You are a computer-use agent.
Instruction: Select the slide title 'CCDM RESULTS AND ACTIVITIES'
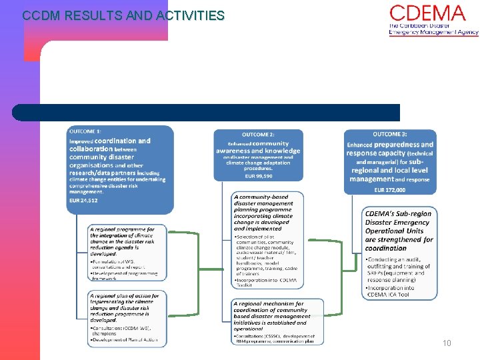click(x=123, y=15)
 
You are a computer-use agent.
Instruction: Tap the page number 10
click(x=447, y=343)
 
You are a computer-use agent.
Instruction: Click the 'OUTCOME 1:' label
click(x=86, y=131)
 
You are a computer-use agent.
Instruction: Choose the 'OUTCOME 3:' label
click(x=390, y=134)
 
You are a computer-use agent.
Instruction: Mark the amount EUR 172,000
click(x=389, y=189)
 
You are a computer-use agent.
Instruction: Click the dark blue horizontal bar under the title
click(x=206, y=112)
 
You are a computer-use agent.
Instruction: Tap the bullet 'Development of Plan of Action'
click(x=124, y=340)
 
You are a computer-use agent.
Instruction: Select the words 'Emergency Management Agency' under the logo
click(x=433, y=32)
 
